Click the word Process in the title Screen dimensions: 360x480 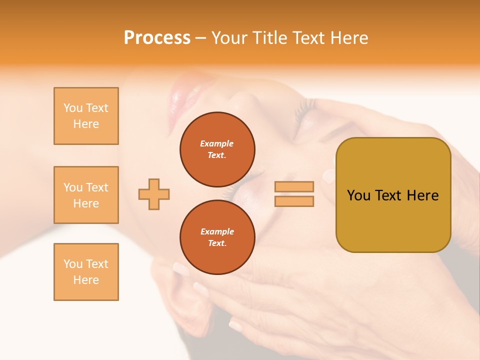click(157, 38)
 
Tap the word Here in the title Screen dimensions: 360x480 click(348, 38)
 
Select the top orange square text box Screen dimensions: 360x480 click(86, 116)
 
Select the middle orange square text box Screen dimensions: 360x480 click(86, 195)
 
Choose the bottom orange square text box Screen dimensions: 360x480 click(86, 272)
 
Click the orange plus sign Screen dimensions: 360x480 click(154, 194)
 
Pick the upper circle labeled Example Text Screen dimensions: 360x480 click(217, 149)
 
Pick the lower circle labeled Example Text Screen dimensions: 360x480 click(217, 237)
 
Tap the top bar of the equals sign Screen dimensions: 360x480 click(294, 186)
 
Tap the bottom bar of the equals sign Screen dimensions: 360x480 click(294, 201)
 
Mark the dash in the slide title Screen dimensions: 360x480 click(200, 38)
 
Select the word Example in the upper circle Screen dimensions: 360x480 click(217, 143)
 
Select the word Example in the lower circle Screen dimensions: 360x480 click(217, 231)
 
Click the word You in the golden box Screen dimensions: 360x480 click(358, 195)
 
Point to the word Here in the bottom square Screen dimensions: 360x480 click(86, 280)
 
